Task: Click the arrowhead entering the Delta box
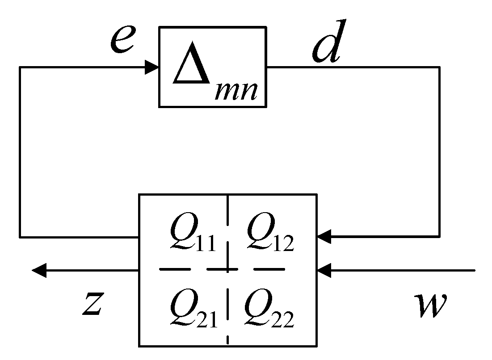pyautogui.click(x=152, y=68)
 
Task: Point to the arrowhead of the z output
pyautogui.click(x=39, y=270)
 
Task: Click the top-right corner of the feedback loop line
pyautogui.click(x=439, y=68)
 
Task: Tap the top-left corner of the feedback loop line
pyautogui.click(x=20, y=68)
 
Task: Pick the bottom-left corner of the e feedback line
pyautogui.click(x=20, y=236)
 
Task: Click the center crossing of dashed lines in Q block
pyautogui.click(x=228, y=270)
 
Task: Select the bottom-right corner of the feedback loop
pyautogui.click(x=439, y=236)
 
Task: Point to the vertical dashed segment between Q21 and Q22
pyautogui.click(x=228, y=308)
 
